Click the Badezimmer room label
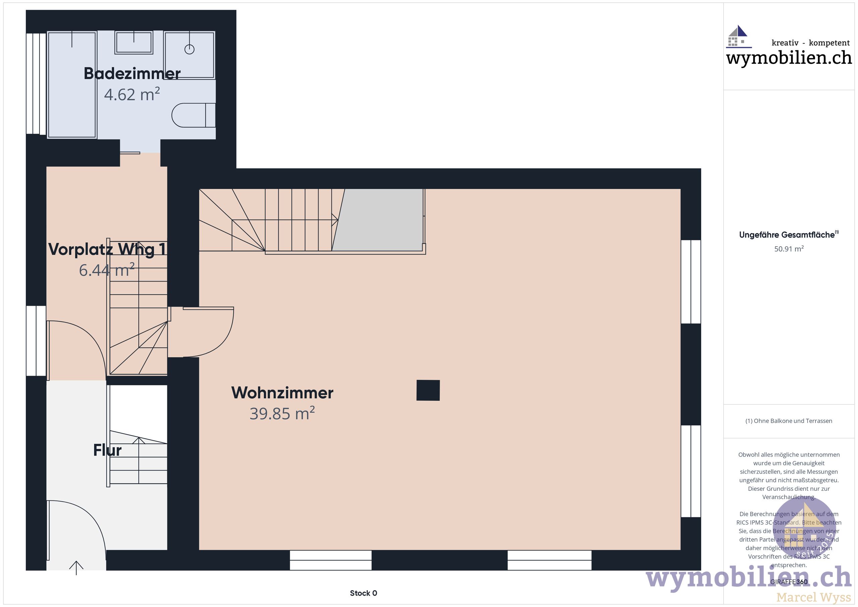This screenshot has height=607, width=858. [x=132, y=74]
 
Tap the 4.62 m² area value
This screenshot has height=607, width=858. [x=132, y=95]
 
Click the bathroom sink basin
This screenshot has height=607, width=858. [x=133, y=42]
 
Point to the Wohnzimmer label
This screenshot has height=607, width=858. [x=282, y=393]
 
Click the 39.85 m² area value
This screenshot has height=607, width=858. [x=282, y=414]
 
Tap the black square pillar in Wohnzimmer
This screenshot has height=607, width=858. [x=428, y=390]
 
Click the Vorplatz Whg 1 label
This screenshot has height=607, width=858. [x=107, y=249]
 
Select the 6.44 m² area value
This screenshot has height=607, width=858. [x=107, y=270]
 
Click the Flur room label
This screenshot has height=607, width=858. [x=107, y=450]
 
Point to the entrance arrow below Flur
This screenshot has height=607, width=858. [x=76, y=568]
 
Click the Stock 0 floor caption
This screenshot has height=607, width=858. [x=363, y=593]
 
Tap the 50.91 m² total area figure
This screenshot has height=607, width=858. [x=789, y=249]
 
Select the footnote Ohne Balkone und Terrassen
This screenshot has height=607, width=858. [x=789, y=421]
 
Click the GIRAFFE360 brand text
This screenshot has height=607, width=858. [x=789, y=582]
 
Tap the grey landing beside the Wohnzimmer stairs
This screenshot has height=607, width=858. [x=379, y=220]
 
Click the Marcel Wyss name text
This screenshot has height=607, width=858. [x=813, y=597]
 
